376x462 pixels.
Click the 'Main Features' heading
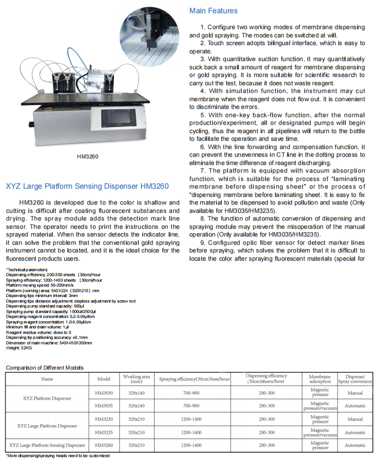(214, 11)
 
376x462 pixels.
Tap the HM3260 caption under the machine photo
(88, 157)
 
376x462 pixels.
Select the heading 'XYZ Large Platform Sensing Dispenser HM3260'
(87, 186)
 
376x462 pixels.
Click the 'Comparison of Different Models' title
(45, 367)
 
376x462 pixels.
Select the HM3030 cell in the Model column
(104, 393)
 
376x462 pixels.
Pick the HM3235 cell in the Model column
(104, 432)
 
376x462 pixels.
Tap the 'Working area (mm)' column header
(137, 379)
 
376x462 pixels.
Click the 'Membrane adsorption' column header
(320, 379)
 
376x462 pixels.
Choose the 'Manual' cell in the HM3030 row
(355, 393)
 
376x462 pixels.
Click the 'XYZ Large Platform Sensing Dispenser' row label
(47, 445)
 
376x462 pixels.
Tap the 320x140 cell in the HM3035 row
(137, 406)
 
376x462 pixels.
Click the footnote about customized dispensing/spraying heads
(58, 456)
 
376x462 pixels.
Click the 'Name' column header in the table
(47, 379)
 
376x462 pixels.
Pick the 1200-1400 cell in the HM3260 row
(194, 445)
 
